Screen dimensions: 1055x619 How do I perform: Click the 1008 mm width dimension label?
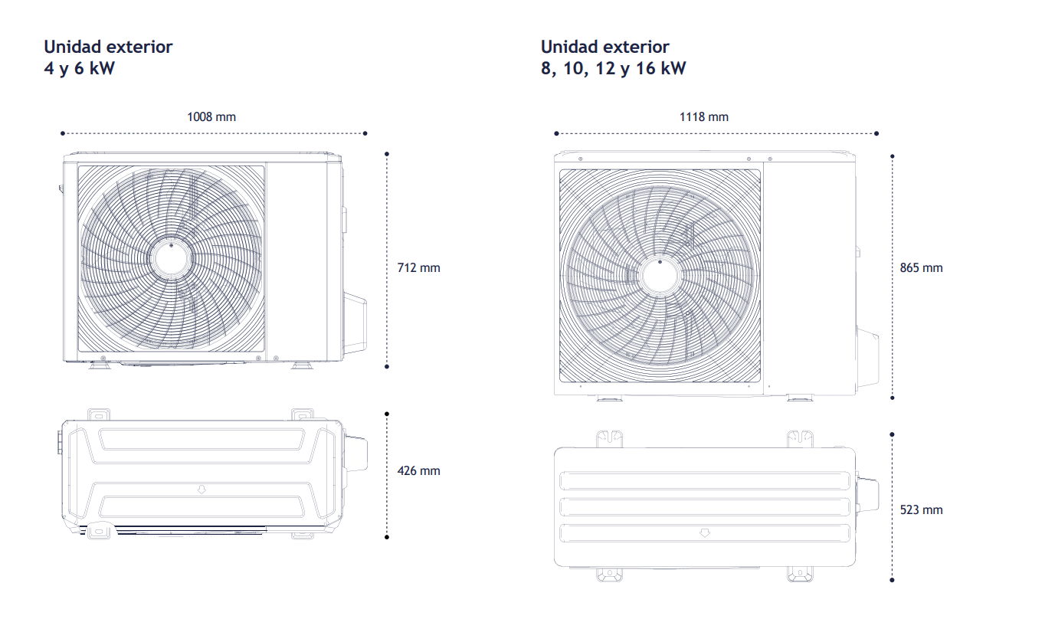click(211, 116)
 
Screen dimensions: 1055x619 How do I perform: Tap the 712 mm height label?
click(418, 267)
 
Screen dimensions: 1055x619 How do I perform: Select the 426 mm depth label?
click(418, 470)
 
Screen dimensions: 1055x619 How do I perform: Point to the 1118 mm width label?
click(703, 116)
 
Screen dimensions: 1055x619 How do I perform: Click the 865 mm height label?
click(921, 267)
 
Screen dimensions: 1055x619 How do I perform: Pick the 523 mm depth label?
click(921, 509)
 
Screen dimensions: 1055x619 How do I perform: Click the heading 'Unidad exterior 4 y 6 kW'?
click(108, 57)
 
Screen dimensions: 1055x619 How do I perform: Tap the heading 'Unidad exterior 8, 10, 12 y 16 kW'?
click(613, 57)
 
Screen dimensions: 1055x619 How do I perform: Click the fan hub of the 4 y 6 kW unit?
click(171, 259)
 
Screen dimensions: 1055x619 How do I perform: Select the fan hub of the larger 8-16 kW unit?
click(660, 277)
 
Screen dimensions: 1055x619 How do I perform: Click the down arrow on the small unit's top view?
click(201, 490)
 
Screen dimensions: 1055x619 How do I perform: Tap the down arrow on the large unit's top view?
click(705, 532)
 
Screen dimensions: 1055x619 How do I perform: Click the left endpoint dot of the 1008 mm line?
click(63, 133)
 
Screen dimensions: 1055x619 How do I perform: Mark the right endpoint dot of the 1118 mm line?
click(876, 133)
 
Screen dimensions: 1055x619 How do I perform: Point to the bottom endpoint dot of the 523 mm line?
click(892, 581)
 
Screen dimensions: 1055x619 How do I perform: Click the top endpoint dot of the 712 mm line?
click(387, 154)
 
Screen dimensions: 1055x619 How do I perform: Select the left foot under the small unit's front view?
click(100, 365)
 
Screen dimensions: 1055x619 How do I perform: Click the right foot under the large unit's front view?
click(800, 398)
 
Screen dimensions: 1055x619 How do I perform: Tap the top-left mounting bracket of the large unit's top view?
click(609, 439)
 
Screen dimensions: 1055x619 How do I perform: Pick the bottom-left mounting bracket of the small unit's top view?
click(99, 532)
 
